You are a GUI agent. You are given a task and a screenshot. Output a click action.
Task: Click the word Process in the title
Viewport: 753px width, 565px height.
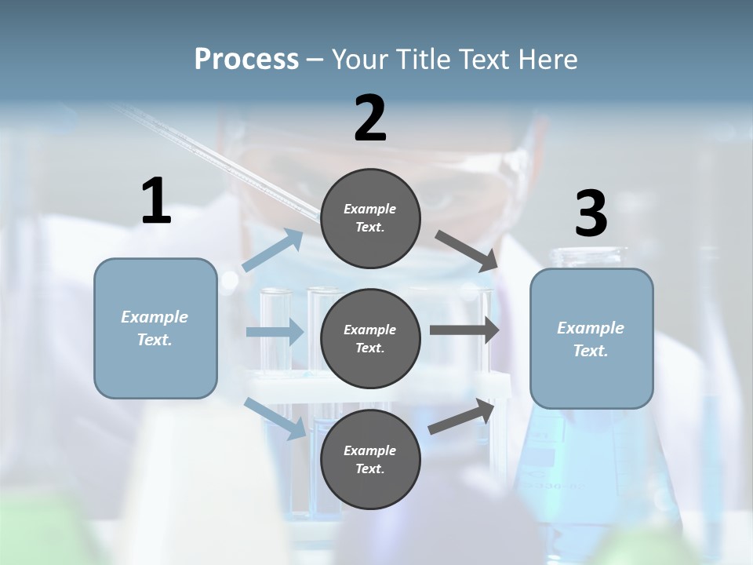[x=246, y=59]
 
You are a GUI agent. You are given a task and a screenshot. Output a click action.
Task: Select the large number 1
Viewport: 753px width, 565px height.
[x=156, y=202]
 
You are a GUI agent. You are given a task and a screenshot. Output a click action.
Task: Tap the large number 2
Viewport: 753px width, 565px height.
[x=370, y=119]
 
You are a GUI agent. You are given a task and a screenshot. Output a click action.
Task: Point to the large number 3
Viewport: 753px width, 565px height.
[x=591, y=214]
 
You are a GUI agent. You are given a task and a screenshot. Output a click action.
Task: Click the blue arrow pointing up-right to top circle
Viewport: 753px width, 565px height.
[x=273, y=250]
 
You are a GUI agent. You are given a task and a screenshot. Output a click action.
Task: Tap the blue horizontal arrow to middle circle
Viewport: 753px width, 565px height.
[x=275, y=332]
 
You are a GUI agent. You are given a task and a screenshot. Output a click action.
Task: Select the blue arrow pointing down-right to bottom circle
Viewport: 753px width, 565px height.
[x=275, y=417]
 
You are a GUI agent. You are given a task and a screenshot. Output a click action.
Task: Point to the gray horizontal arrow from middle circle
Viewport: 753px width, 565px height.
[x=464, y=330]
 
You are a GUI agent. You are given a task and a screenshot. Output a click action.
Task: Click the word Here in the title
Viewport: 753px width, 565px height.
[x=552, y=59]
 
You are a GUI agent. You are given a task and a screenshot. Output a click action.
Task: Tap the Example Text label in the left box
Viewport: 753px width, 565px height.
[x=155, y=328]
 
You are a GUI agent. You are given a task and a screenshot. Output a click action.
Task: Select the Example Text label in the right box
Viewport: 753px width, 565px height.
[x=591, y=339]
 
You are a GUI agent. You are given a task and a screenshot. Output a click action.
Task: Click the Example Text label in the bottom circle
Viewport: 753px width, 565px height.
[x=370, y=460]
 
